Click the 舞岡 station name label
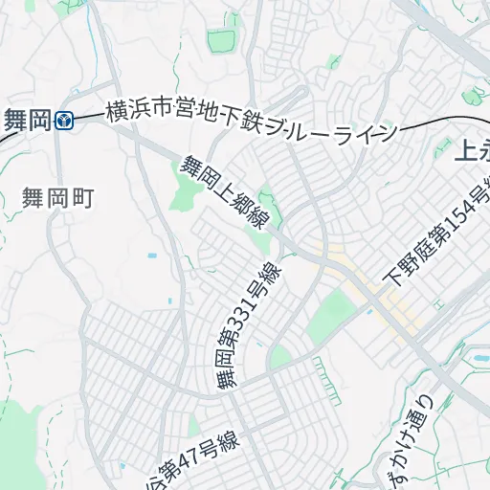(28, 120)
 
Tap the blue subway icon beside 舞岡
(65, 120)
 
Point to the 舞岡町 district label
(59, 198)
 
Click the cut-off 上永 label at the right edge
(470, 151)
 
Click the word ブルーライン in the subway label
(331, 130)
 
